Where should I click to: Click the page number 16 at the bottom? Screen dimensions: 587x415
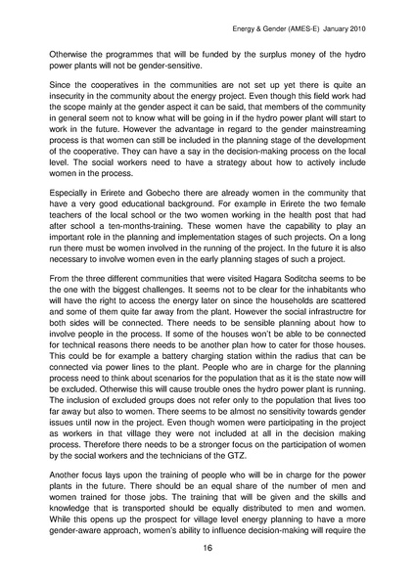coord(207,549)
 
